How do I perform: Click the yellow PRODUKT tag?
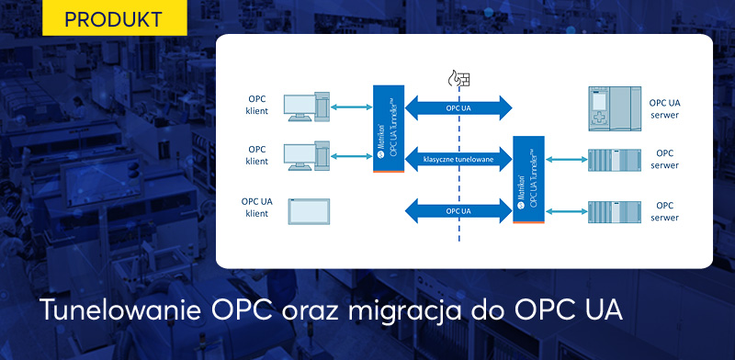coord(115,18)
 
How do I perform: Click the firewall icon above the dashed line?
coord(457,80)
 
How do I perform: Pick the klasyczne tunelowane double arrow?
coord(458,159)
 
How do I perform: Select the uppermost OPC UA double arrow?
coord(458,107)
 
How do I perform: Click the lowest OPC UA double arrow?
coord(458,210)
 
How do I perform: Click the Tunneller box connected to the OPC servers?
coord(529,180)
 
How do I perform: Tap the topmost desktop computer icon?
coord(308,107)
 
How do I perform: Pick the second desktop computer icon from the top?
coord(308,157)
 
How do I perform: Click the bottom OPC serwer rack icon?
coord(613,211)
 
